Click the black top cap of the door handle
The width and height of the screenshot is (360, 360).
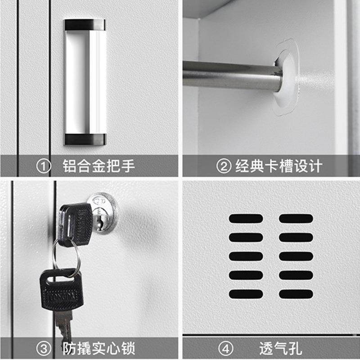[84, 25]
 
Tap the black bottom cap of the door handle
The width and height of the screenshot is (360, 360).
[84, 139]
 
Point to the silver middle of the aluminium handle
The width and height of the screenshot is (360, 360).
[84, 81]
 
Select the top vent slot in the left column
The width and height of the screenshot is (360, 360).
[246, 219]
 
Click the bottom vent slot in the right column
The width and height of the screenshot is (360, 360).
[296, 294]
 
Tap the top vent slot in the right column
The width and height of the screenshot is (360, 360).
[296, 219]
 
